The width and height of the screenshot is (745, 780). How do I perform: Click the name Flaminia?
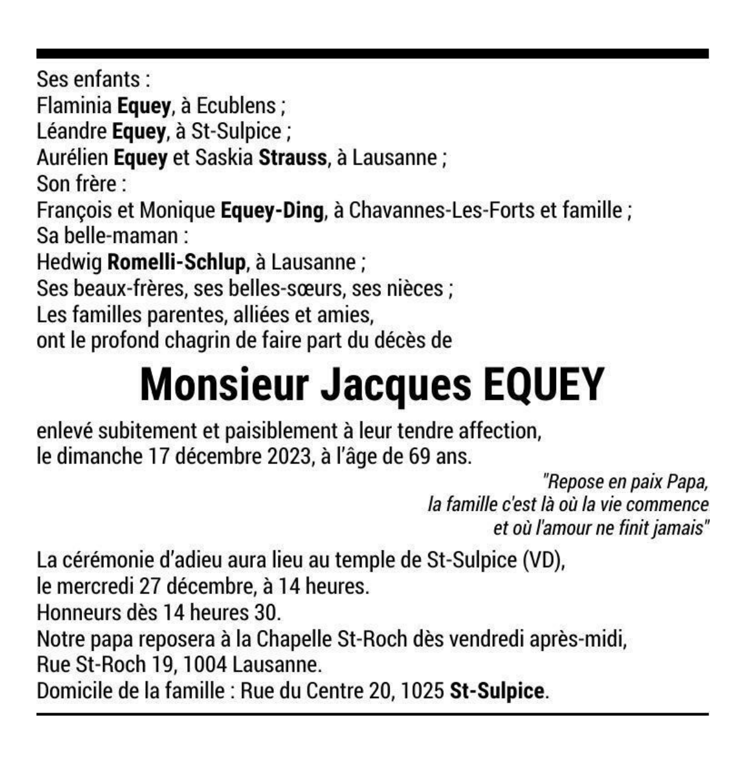[x=74, y=106]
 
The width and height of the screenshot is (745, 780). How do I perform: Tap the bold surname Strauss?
[x=293, y=158]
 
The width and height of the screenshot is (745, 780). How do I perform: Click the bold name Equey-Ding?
[x=272, y=210]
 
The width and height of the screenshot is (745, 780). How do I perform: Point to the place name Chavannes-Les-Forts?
[x=442, y=210]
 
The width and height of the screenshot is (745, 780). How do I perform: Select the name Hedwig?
[x=69, y=262]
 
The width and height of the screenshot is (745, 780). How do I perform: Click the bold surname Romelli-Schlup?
[x=176, y=262]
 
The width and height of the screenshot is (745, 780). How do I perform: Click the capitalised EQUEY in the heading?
[x=543, y=385]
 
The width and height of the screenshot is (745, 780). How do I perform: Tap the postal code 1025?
[x=422, y=691]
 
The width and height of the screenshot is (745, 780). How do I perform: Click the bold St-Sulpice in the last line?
[x=496, y=691]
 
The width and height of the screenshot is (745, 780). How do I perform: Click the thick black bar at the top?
[x=372, y=53]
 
